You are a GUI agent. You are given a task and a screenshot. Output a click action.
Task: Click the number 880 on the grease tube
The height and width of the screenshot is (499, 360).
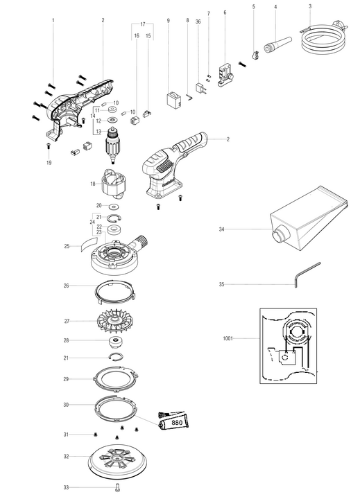[177, 423]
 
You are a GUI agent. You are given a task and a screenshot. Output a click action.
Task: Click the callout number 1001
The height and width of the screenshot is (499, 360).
[228, 338]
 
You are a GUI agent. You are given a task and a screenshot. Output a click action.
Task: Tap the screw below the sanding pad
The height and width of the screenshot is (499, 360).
[117, 487]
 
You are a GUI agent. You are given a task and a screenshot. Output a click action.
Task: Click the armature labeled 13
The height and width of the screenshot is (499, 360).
[112, 145]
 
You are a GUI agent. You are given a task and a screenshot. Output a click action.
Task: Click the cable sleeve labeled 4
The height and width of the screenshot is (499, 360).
[278, 44]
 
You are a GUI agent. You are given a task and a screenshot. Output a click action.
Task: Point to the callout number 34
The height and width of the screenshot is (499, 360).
[221, 229]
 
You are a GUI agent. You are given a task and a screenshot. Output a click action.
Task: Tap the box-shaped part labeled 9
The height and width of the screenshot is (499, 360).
[174, 100]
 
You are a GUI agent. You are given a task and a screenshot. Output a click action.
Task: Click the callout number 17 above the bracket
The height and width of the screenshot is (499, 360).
[143, 24]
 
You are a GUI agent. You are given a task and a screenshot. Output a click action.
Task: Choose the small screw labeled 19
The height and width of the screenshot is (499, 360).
[49, 146]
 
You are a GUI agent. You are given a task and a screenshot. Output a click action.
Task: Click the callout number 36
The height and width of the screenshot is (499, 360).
[198, 21]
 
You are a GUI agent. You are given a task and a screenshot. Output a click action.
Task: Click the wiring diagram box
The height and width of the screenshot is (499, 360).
[288, 346]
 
